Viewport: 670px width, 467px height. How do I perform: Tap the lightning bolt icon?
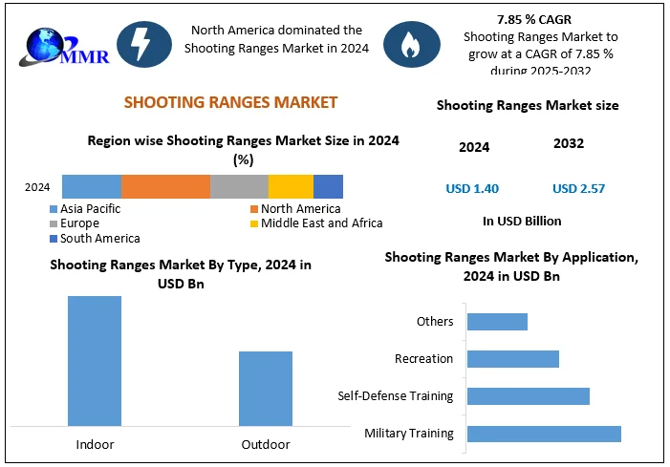pos(144,44)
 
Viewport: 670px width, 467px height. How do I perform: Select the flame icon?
pos(411,44)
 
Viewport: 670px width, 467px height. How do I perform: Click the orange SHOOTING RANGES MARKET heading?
pos(230,102)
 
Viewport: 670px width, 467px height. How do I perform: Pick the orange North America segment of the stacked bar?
pos(165,187)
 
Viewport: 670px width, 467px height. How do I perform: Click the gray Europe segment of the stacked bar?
pos(239,187)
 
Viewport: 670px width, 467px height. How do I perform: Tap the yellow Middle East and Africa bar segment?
pos(291,187)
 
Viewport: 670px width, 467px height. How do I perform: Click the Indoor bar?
pos(95,360)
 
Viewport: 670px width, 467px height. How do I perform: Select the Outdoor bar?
pos(265,388)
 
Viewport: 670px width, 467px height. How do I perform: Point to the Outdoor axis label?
pos(265,444)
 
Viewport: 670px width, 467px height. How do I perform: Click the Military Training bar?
pos(543,434)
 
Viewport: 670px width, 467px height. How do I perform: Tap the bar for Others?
pos(496,322)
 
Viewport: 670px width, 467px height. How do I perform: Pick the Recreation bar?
pos(511,359)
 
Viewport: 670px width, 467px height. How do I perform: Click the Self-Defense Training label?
pos(396,395)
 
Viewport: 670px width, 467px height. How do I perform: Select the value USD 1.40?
pos(472,189)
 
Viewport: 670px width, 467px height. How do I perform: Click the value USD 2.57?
pos(578,189)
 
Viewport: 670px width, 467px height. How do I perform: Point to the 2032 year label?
pos(569,144)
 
